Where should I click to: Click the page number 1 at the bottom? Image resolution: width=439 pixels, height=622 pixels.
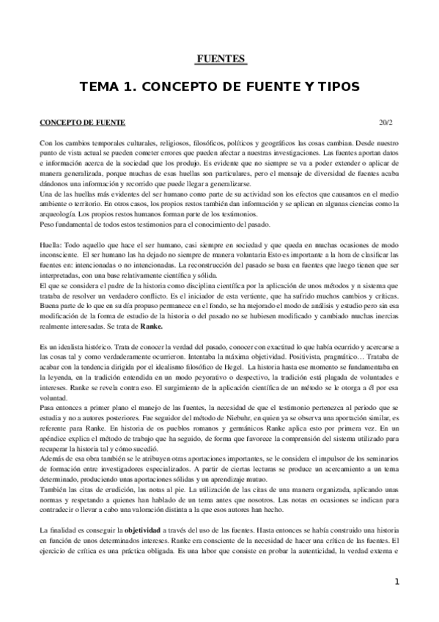[396, 582]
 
